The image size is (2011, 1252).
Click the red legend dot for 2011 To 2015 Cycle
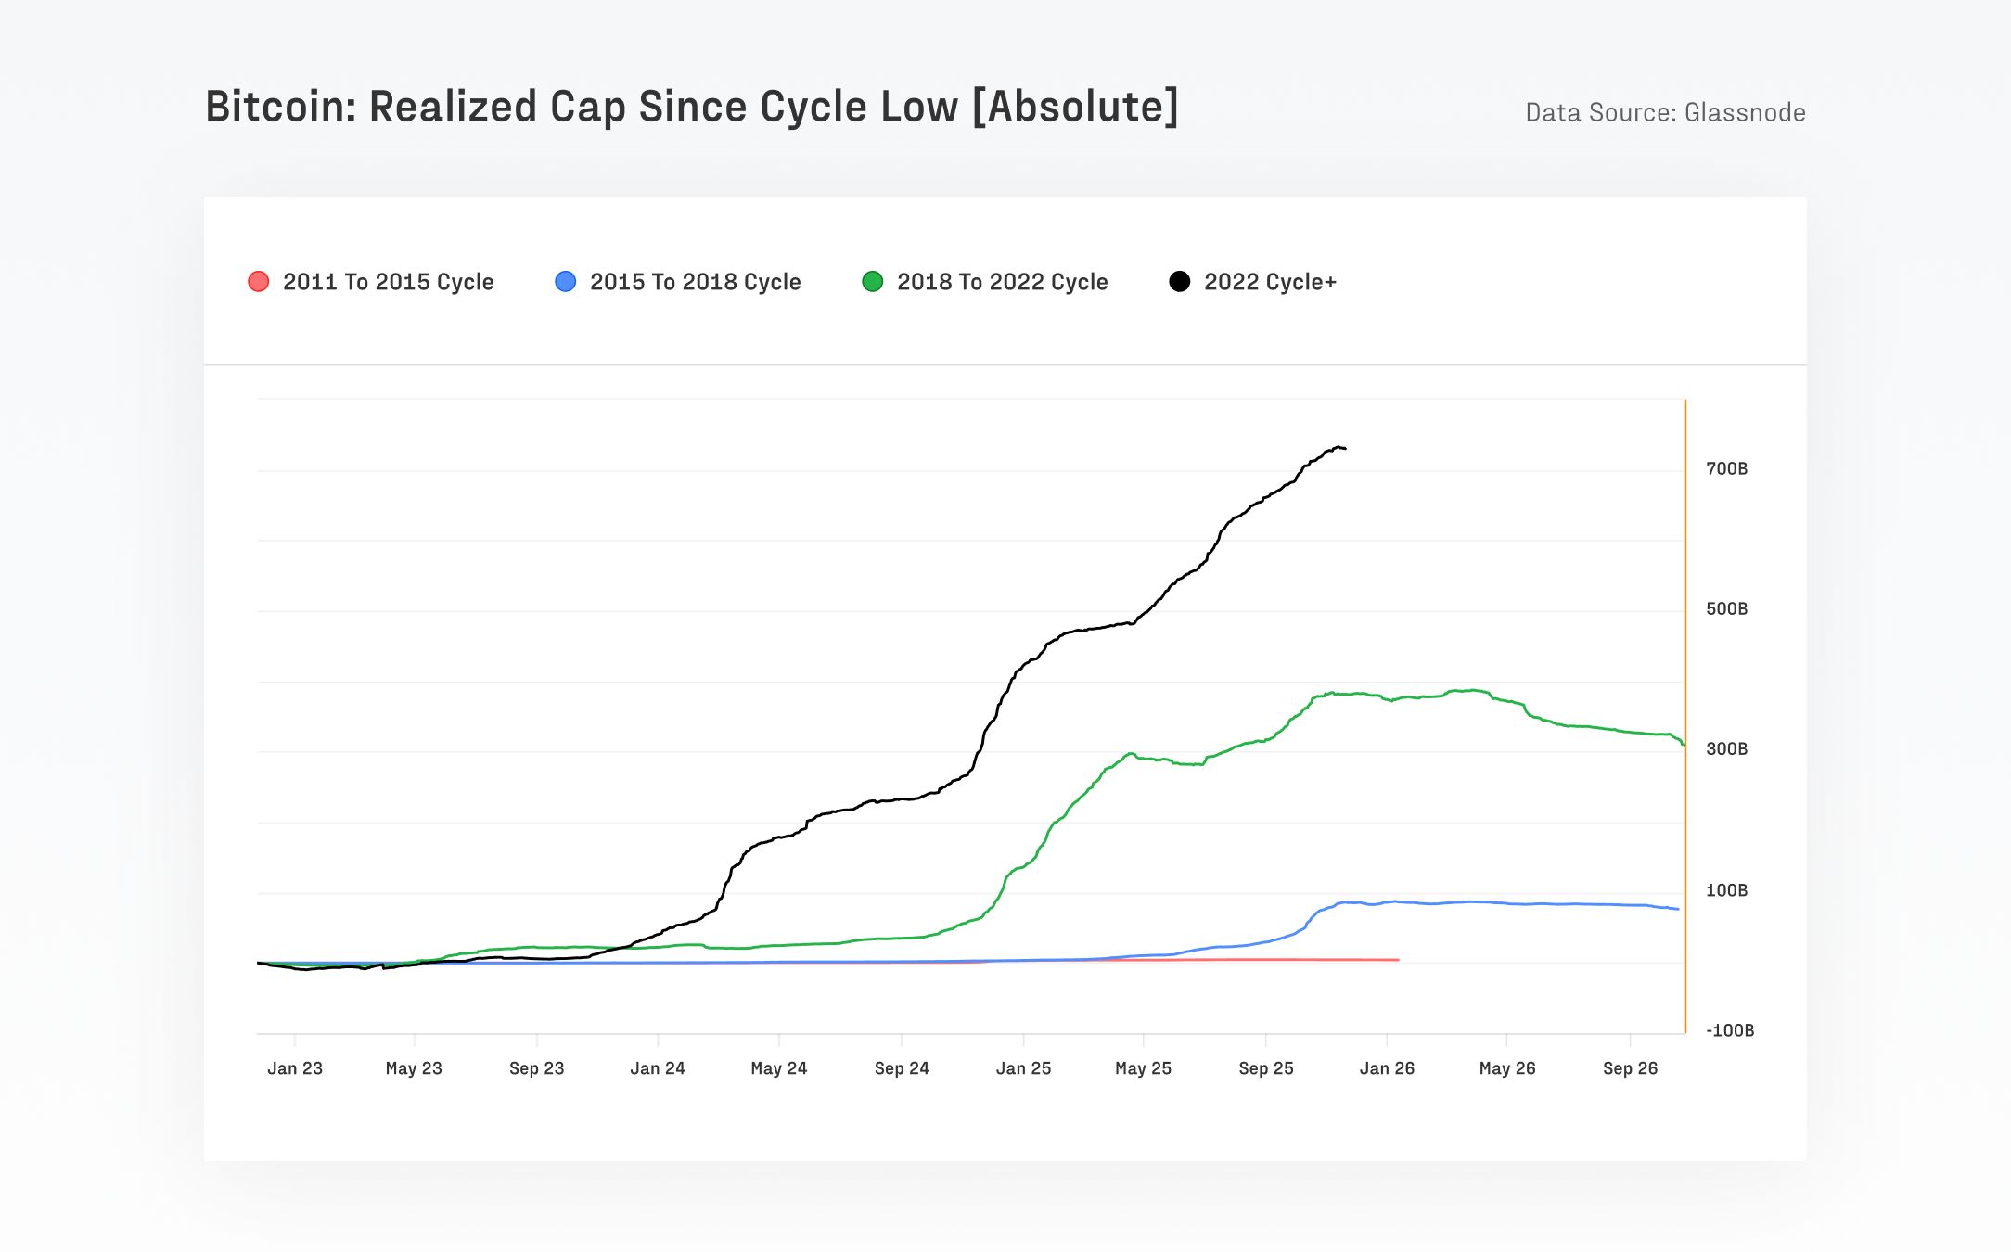click(259, 282)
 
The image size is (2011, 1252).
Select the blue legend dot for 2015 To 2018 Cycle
click(565, 282)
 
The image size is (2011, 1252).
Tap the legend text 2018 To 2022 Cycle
click(1002, 282)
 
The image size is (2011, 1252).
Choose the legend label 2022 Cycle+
click(1270, 282)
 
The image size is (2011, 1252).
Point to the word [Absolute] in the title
click(1075, 107)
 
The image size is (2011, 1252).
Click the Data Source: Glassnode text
click(1665, 113)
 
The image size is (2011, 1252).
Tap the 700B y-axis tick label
click(1726, 469)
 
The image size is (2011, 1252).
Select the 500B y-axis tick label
click(1726, 609)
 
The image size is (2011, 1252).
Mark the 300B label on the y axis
click(1726, 749)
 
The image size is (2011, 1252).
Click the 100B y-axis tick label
click(1726, 890)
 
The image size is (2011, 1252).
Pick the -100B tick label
click(1729, 1030)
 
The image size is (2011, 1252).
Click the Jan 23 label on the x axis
click(295, 1068)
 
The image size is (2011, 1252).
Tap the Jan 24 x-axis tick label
click(658, 1068)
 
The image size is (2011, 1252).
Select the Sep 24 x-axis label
click(902, 1068)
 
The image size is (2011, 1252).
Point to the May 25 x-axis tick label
click(1143, 1068)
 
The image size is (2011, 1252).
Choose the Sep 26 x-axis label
click(1630, 1068)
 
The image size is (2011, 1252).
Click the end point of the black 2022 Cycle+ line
click(1345, 449)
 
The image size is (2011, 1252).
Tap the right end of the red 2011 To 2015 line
click(1398, 960)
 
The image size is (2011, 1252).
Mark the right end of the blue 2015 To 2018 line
click(1678, 909)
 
